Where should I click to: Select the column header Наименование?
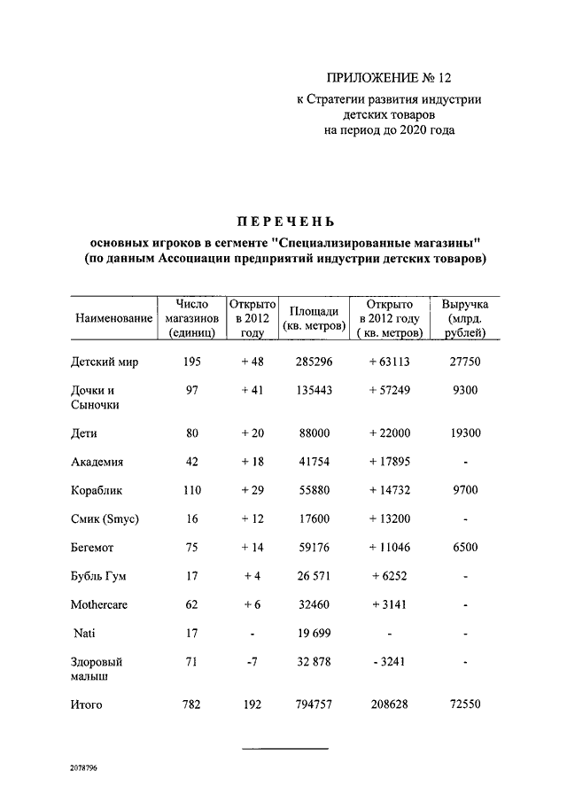112,319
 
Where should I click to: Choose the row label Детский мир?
105,362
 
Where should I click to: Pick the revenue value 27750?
465,362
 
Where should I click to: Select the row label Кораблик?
99,490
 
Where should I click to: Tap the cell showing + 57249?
389,391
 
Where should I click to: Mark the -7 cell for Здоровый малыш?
252,662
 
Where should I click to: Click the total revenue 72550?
465,705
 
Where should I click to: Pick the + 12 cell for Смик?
252,519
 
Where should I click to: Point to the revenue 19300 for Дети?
465,433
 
